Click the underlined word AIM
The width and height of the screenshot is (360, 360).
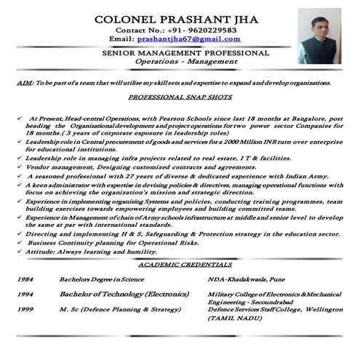tap(23, 83)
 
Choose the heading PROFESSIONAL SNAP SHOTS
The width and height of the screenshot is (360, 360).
tap(180, 97)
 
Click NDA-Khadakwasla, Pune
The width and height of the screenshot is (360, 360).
tap(251, 280)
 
